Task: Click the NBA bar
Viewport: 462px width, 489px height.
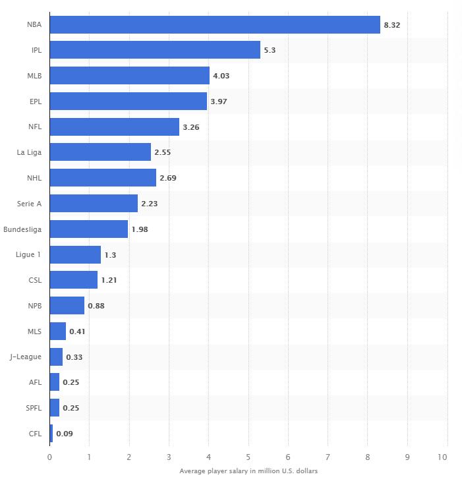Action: [215, 25]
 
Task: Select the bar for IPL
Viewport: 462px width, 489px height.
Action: [155, 50]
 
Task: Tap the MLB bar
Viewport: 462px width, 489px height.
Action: [129, 76]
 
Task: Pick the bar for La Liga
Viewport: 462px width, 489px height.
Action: [100, 152]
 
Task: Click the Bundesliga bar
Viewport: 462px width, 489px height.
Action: [89, 229]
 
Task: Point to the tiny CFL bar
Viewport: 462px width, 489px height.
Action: [51, 434]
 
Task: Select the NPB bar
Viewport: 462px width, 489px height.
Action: [67, 306]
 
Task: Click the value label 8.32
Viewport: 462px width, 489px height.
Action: [391, 25]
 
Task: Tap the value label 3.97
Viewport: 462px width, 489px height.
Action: [219, 101]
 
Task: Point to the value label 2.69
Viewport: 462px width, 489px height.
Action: [168, 178]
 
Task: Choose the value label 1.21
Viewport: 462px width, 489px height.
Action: [109, 280]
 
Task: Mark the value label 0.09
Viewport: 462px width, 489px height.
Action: [65, 434]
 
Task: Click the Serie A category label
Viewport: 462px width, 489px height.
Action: [30, 204]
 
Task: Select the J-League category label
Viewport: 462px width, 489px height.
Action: [26, 357]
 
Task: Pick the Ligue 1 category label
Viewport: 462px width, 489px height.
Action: [29, 254]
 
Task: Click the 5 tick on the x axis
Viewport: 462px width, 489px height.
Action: [248, 457]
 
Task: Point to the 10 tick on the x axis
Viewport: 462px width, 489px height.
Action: [443, 457]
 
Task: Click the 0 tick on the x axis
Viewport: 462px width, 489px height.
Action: [49, 457]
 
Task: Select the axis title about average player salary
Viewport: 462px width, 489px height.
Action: [248, 471]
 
